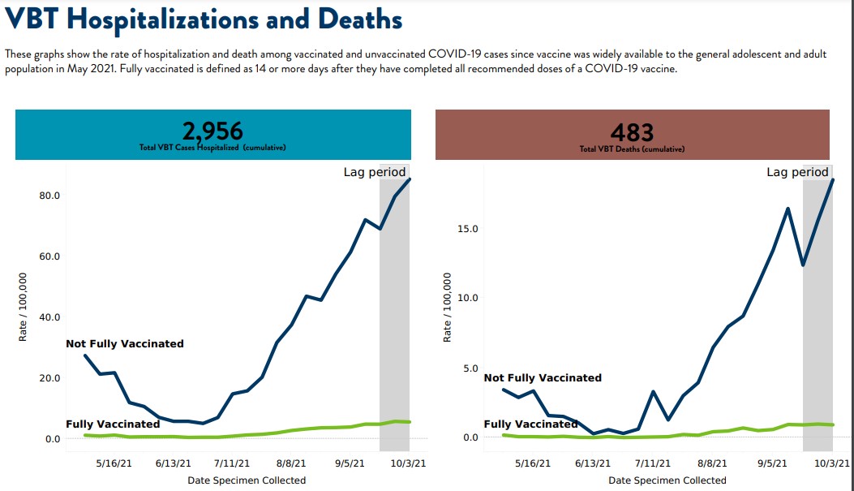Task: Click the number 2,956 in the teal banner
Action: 212,131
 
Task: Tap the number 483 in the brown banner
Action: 632,132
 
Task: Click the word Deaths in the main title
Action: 360,19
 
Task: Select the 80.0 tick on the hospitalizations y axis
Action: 49,195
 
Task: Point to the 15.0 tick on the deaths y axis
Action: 468,228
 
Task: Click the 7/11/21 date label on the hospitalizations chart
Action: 231,463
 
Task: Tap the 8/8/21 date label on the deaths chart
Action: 712,463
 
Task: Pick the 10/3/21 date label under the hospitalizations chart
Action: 409,463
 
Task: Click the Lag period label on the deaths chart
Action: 797,172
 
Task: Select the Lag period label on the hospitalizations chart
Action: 375,172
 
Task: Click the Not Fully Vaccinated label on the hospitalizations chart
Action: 125,344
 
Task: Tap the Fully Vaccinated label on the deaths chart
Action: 531,424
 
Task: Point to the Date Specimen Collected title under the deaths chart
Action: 667,480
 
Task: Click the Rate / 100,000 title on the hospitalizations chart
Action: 23,307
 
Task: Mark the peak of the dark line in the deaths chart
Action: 832,180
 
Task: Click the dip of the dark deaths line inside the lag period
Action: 803,265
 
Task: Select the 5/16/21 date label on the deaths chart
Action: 533,463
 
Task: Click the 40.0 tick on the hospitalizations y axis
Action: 49,317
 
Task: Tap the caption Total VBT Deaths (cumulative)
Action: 632,149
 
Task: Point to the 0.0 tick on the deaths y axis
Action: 470,437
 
